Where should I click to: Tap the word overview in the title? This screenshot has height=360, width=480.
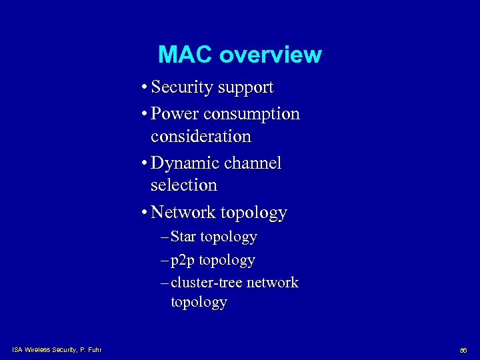point(270,55)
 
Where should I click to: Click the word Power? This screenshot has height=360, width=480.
point(175,114)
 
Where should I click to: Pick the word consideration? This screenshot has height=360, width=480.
point(201,137)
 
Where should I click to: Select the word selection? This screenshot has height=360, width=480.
point(184,185)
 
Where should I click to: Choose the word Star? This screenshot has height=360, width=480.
point(183,237)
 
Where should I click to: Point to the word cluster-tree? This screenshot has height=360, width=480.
point(207,283)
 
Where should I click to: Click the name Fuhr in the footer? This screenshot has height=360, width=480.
point(94,349)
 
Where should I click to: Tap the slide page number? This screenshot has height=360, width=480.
point(463,350)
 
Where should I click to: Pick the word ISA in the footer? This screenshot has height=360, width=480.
point(17,349)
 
